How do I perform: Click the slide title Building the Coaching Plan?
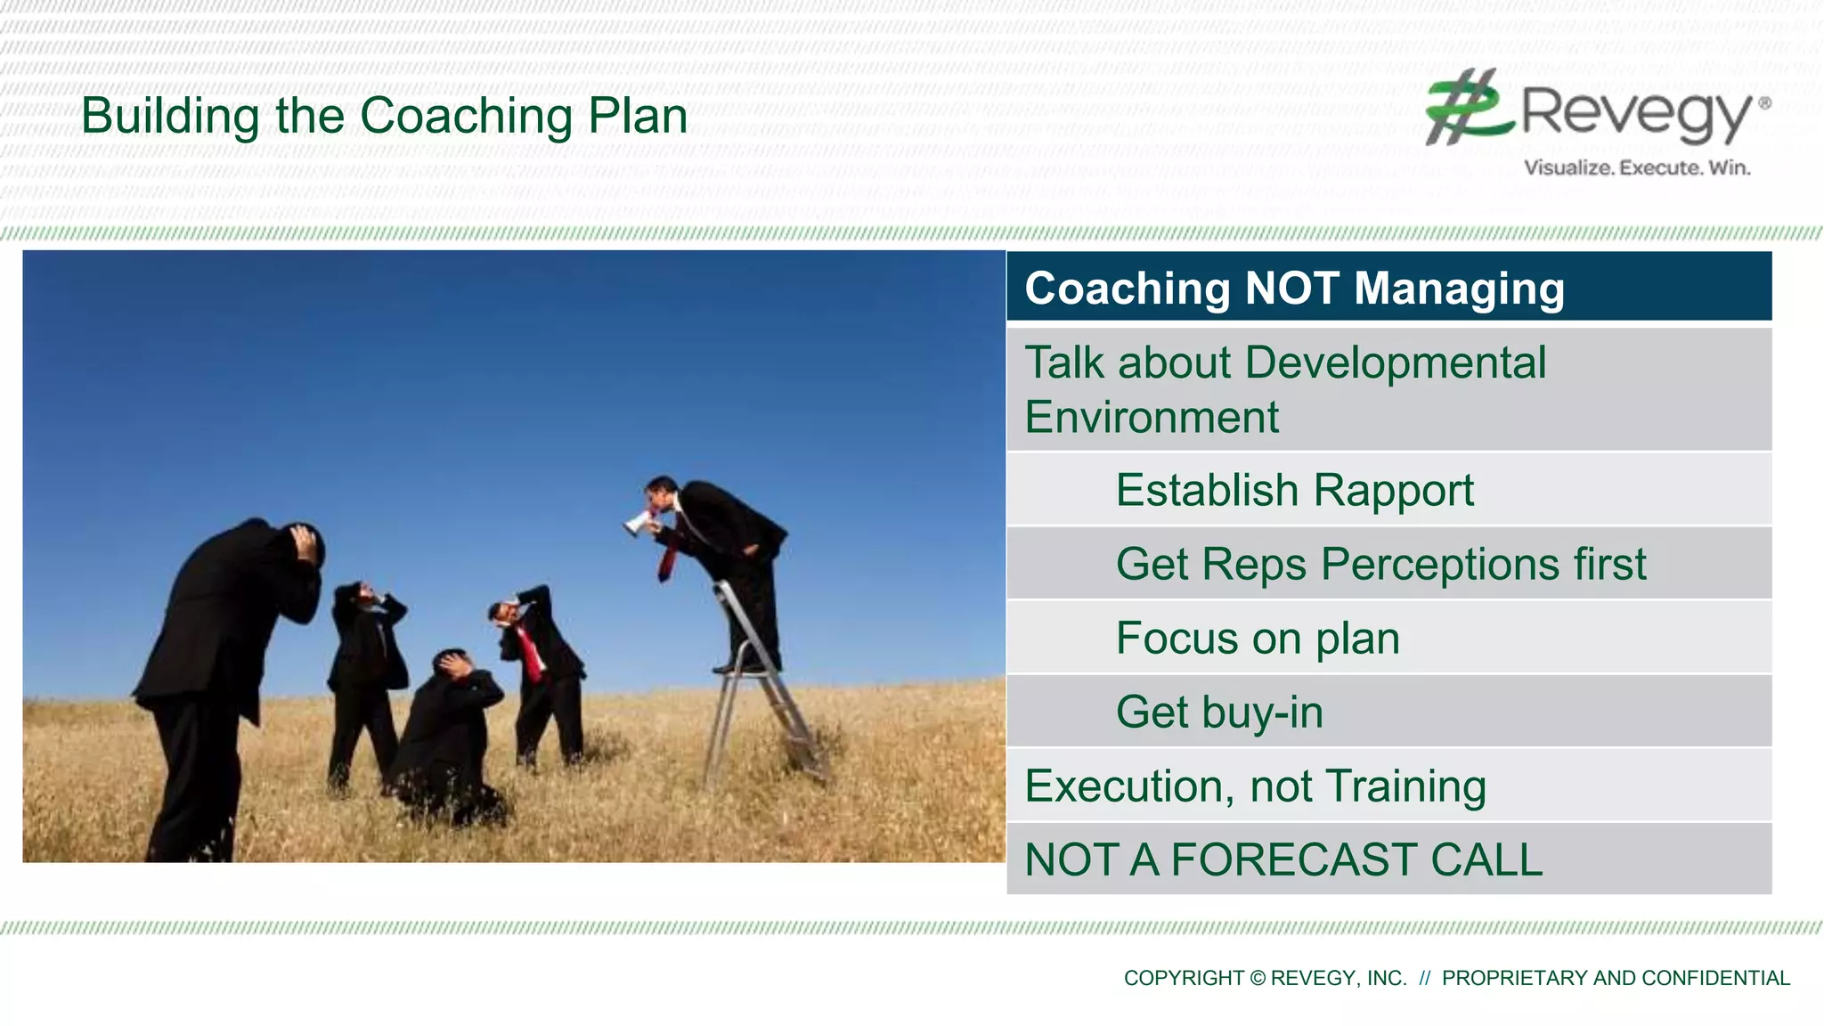[x=384, y=117]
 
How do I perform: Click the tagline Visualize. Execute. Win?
[x=1637, y=167]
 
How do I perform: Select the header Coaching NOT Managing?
[x=1294, y=289]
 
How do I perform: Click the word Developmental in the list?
[x=1395, y=363]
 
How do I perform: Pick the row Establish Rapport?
[x=1294, y=491]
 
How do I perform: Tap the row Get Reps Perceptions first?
[x=1380, y=565]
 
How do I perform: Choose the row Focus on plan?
[x=1258, y=639]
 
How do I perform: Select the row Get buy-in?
[x=1219, y=712]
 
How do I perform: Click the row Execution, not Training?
[x=1255, y=786]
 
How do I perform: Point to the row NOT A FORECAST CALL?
[x=1283, y=860]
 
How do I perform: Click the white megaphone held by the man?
[x=636, y=524]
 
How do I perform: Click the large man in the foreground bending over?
[x=223, y=668]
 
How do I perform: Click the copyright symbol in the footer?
[x=1258, y=979]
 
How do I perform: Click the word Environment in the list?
[x=1152, y=418]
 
